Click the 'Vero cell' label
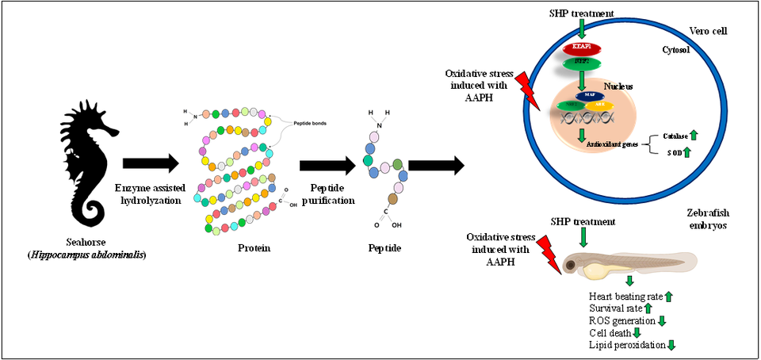707,31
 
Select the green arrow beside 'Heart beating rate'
668,297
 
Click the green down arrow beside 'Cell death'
636,332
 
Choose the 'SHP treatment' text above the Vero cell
583,13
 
